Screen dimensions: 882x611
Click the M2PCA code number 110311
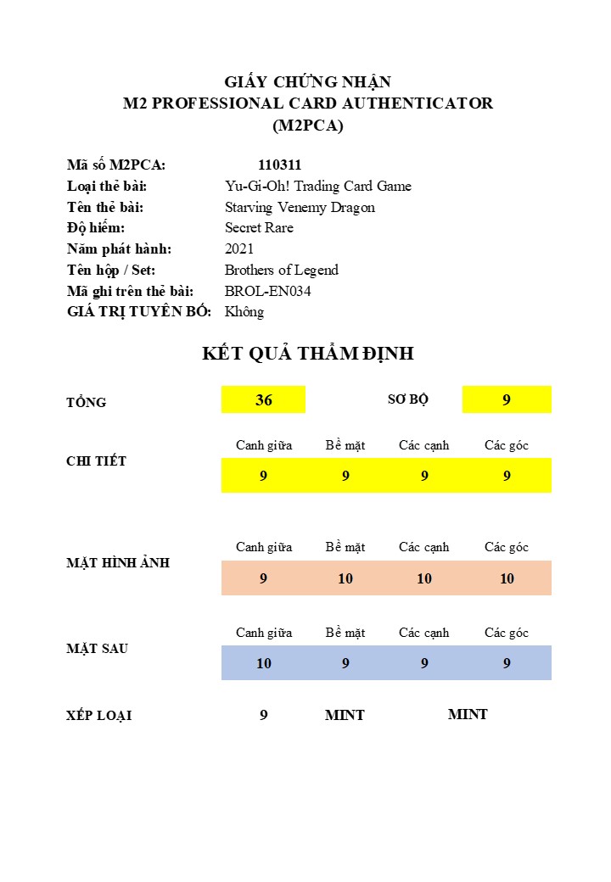pos(279,165)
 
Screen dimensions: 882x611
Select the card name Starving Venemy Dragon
pos(300,207)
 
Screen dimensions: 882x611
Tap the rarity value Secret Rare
pos(259,228)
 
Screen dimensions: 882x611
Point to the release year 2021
pos(239,249)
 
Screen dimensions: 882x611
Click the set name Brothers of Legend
pos(282,271)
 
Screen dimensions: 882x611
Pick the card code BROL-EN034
pos(268,291)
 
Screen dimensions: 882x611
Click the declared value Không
pos(244,312)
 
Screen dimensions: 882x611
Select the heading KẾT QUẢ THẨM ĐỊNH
pos(307,354)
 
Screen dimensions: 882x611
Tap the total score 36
pos(263,400)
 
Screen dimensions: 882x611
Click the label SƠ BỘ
pos(408,399)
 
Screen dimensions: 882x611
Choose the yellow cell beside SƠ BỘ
pos(507,400)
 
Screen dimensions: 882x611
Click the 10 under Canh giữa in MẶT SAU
pos(263,663)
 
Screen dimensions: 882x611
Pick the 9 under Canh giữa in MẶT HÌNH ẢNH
pos(263,578)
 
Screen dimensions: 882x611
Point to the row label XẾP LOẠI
pos(98,716)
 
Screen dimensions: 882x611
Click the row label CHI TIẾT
pos(96,461)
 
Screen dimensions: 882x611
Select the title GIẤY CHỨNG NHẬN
pos(307,82)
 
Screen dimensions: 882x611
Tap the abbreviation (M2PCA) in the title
pos(307,126)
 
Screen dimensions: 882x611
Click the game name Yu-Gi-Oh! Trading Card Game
pos(318,187)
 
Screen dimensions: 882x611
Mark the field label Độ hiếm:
pos(96,228)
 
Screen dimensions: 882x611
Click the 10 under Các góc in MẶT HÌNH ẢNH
pos(507,578)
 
